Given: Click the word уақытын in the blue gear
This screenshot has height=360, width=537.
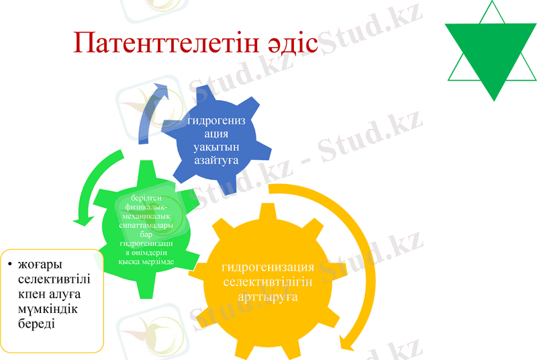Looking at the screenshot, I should [x=211, y=147].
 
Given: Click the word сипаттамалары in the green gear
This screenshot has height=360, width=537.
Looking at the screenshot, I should [x=147, y=226].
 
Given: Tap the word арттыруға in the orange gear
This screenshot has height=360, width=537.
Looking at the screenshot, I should [x=268, y=296].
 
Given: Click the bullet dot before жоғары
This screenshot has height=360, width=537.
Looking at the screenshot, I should [x=9, y=263].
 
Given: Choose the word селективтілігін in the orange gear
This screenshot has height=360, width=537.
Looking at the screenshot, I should [x=268, y=281].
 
